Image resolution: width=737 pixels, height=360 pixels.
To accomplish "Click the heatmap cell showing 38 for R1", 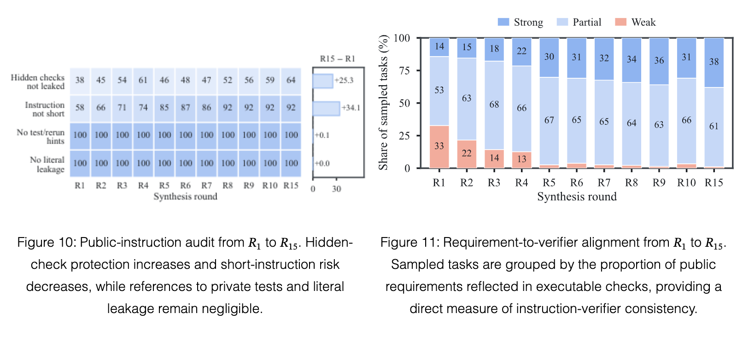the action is [80, 81].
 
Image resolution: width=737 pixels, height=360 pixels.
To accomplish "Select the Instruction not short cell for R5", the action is [164, 108].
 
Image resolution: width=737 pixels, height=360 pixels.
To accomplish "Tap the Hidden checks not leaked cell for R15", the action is [291, 81].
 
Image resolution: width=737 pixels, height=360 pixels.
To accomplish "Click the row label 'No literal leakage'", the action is [47, 164].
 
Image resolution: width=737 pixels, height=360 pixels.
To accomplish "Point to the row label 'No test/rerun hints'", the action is [41, 136].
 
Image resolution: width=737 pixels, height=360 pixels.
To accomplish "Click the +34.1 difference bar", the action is [326, 109].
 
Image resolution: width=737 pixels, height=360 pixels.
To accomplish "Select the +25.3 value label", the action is [344, 80].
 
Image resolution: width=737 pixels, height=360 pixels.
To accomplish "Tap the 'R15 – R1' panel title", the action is [338, 58].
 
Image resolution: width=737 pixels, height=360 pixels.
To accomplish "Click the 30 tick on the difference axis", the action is [336, 189].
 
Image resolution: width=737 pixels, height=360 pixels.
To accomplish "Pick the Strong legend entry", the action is [521, 22].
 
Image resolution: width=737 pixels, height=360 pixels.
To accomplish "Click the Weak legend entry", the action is [635, 22].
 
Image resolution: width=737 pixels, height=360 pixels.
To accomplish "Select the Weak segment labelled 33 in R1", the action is [439, 147].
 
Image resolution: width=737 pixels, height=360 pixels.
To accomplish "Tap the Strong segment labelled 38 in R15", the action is [714, 63].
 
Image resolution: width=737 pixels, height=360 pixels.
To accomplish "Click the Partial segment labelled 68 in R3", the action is [494, 105].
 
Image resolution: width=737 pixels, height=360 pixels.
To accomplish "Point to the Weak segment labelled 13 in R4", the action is [522, 160].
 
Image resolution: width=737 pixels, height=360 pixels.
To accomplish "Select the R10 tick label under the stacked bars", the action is [686, 182].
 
